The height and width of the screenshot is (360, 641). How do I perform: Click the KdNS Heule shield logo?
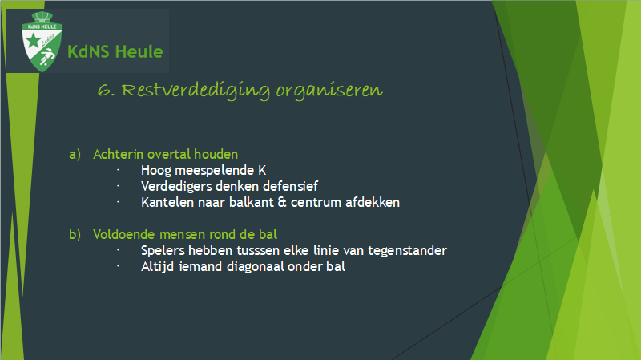pos(42,42)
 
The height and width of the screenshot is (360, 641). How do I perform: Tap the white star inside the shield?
pos(33,41)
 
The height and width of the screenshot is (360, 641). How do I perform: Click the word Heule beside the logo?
pos(139,52)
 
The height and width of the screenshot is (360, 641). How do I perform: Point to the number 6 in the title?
pos(104,91)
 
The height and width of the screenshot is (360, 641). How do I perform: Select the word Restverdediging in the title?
pos(196,91)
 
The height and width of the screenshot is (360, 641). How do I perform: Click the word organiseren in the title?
pos(329,91)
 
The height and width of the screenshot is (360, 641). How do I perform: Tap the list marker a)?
pos(75,154)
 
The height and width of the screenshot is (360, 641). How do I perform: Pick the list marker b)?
pos(75,234)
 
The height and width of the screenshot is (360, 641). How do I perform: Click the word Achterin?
pos(119,154)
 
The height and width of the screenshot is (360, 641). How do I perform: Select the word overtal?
pos(169,154)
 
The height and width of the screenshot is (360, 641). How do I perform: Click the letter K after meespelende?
pos(262,170)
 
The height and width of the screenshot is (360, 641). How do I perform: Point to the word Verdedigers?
pos(176,187)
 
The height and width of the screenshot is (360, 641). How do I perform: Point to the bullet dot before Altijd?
pos(118,266)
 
